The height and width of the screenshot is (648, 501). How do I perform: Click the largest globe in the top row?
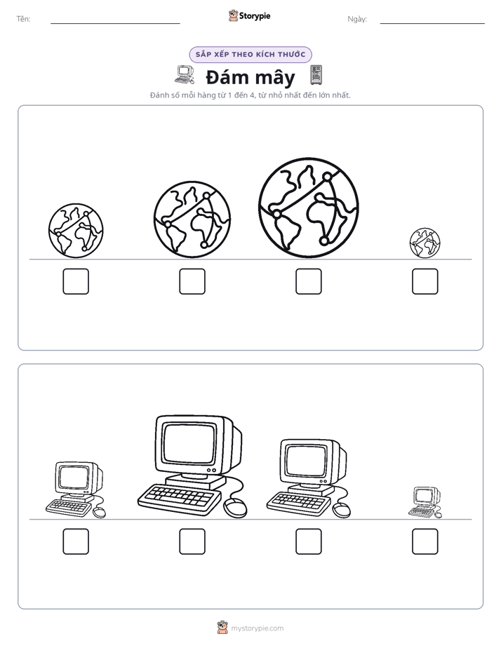tap(308, 208)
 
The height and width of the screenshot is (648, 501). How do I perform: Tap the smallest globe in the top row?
tap(425, 243)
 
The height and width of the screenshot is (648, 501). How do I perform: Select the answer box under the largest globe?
tap(308, 281)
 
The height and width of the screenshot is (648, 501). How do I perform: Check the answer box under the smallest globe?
tap(425, 281)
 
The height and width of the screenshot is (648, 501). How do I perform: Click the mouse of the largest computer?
tap(235, 508)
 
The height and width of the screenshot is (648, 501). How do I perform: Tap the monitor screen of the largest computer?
tap(189, 443)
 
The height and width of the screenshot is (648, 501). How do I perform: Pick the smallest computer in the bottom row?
tap(425, 502)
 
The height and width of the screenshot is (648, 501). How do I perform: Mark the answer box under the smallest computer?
tap(425, 541)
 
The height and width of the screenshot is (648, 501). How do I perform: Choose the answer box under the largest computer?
tap(192, 541)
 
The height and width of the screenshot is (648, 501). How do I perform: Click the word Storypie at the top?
tap(255, 16)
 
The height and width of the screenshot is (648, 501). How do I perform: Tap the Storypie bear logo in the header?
tap(233, 15)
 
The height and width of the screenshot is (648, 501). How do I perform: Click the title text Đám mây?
tap(250, 77)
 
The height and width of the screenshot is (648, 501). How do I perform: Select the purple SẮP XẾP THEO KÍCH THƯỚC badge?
tap(250, 55)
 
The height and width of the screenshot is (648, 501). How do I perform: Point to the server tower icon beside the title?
tap(316, 75)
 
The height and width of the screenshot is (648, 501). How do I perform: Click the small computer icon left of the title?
tap(185, 75)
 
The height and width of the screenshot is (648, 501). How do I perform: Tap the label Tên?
tap(23, 19)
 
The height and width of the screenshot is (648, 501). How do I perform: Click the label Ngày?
tap(357, 19)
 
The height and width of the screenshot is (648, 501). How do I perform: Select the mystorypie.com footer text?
tap(257, 628)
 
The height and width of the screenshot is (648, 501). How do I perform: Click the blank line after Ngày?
tap(432, 24)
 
